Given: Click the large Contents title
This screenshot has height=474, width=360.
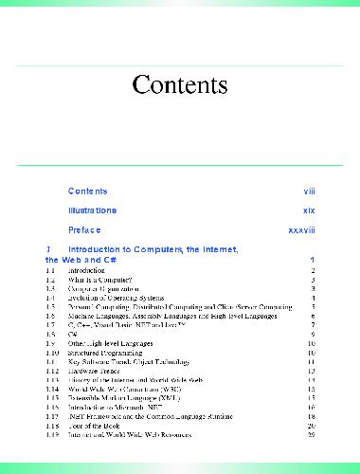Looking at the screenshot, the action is [180, 84].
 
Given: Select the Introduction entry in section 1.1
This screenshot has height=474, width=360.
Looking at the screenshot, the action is [86, 271].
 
